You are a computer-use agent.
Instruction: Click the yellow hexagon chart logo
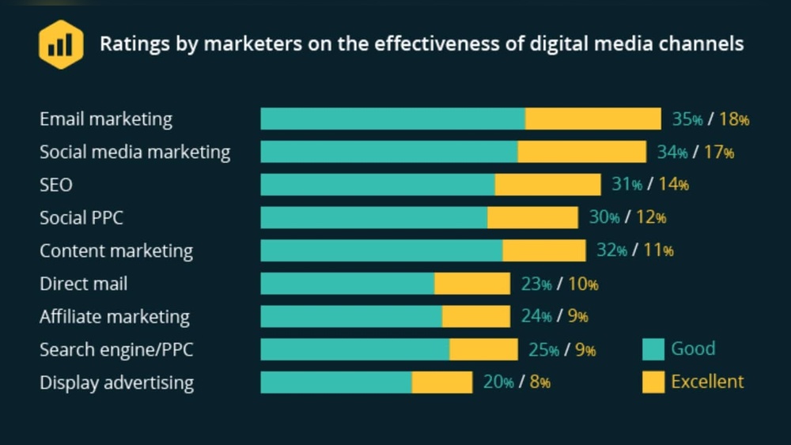tap(61, 44)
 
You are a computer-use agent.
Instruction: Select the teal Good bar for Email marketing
tap(392, 119)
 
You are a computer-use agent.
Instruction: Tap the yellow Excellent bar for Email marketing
tap(592, 119)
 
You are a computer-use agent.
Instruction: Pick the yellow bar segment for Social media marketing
tap(581, 152)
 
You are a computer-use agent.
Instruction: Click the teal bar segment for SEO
tap(377, 185)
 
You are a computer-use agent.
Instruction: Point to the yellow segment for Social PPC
tap(532, 218)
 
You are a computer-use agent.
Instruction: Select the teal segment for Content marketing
tap(381, 251)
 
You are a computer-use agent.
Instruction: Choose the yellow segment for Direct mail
tap(472, 284)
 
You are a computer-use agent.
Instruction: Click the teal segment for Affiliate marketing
tap(351, 317)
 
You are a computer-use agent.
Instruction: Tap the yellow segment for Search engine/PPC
tap(483, 349)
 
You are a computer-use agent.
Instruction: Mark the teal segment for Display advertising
tap(336, 383)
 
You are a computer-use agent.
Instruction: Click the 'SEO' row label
tap(56, 185)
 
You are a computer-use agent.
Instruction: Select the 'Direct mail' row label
tap(83, 284)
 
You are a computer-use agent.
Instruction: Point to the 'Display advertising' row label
tap(116, 383)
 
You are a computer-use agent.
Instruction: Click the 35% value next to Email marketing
tap(687, 119)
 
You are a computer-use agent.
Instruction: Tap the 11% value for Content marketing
tap(658, 251)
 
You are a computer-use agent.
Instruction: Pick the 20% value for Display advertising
tap(498, 383)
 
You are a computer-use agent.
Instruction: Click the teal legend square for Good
tap(653, 349)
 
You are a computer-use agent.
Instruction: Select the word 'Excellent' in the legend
tap(707, 382)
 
